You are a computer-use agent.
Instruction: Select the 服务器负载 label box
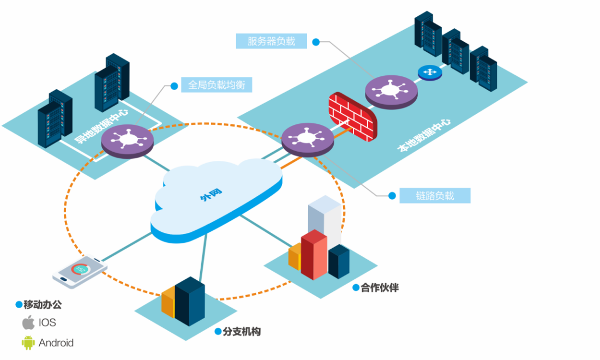tap(271, 41)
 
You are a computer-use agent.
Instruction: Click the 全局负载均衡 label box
tap(217, 85)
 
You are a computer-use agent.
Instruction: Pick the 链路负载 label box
tap(435, 196)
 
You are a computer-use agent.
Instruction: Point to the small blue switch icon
tap(430, 72)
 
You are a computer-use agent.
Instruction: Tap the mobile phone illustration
tap(80, 271)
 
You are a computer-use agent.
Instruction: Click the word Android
tap(56, 343)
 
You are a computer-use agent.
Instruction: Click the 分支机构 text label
tap(242, 332)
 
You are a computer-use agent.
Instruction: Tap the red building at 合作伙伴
tap(314, 254)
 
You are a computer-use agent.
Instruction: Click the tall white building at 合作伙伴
tap(325, 218)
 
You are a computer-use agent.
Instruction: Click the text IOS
tap(47, 322)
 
